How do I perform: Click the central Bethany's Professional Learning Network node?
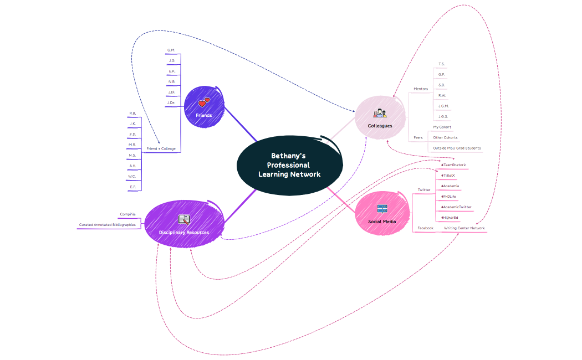click(289, 165)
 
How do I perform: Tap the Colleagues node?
click(380, 117)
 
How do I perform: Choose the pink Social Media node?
click(382, 214)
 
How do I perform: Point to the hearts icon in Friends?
click(204, 102)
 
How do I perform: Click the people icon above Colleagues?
click(380, 113)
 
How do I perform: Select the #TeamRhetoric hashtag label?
click(453, 165)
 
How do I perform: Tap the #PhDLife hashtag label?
click(448, 197)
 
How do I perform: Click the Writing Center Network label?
click(464, 228)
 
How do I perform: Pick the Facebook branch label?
click(425, 228)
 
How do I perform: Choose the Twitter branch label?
click(424, 190)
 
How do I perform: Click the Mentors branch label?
click(421, 89)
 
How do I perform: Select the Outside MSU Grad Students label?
click(457, 148)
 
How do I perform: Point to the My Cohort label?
click(442, 127)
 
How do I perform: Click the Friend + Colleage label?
click(161, 148)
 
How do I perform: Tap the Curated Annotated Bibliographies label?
click(107, 225)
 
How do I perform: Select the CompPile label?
click(127, 214)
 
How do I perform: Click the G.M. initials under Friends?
click(171, 50)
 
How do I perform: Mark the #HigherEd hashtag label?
click(450, 218)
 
